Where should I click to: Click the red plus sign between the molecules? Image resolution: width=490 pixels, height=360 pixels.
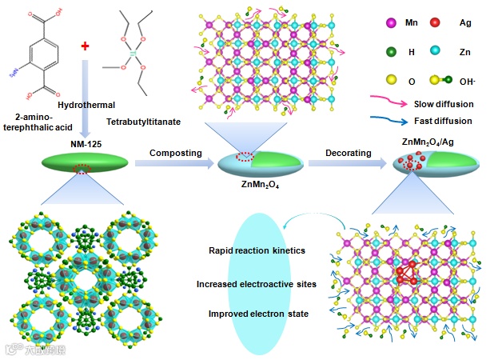[85, 50]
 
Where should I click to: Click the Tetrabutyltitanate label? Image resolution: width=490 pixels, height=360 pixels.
[144, 121]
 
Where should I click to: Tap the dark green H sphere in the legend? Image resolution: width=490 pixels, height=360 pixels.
[372, 51]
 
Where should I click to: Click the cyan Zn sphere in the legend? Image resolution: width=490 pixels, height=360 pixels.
[432, 51]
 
